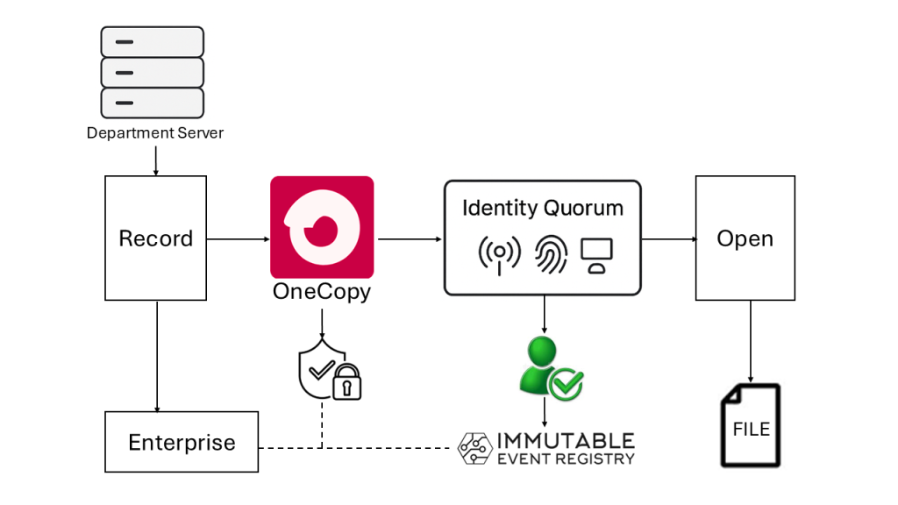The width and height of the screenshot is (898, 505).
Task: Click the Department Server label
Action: click(155, 133)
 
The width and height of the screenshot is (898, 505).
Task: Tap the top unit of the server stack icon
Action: click(153, 41)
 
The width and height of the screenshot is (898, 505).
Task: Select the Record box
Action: click(156, 238)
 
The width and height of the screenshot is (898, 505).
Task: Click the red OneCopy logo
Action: click(322, 227)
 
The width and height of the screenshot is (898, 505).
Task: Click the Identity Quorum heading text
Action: click(543, 209)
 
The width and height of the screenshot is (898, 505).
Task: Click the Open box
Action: click(745, 238)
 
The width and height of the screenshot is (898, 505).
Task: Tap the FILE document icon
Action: click(751, 425)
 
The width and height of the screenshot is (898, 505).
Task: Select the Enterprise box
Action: click(182, 442)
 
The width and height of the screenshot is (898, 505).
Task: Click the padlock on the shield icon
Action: click(348, 382)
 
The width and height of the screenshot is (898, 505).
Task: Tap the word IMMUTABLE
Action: click(566, 440)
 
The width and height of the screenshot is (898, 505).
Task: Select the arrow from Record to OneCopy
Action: click(238, 238)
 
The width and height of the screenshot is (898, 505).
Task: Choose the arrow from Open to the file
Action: click(750, 341)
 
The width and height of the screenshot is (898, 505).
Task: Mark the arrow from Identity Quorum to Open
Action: click(668, 238)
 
